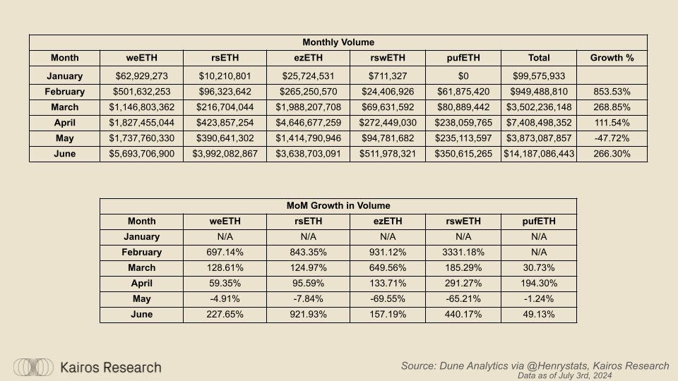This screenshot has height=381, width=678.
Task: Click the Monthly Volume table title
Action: (x=338, y=42)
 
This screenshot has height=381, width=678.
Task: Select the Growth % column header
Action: (x=611, y=58)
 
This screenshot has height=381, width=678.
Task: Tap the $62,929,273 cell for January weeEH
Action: (x=141, y=76)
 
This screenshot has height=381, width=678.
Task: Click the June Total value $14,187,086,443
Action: (x=539, y=154)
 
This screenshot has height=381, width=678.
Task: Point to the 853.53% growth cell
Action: (x=611, y=92)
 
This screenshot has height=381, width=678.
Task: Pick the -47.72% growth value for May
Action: (x=611, y=138)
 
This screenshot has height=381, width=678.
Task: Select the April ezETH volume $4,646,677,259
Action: (x=309, y=123)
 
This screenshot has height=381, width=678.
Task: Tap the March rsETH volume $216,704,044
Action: (x=225, y=107)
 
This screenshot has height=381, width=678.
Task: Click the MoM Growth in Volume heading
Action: (x=338, y=206)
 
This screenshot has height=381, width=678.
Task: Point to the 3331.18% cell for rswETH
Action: (x=463, y=253)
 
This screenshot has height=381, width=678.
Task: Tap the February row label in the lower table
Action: (x=141, y=253)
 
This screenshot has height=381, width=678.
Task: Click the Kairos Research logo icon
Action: (x=34, y=367)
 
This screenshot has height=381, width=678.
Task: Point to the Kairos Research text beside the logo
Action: (x=111, y=368)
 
